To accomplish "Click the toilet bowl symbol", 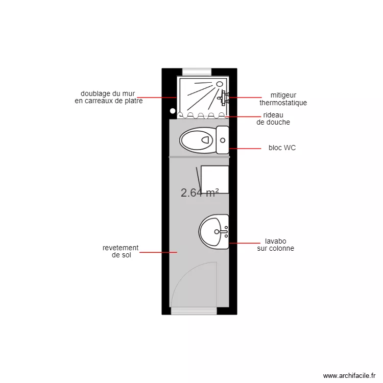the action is click(197, 140).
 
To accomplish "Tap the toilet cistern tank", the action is click(223, 140).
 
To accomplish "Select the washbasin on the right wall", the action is click(214, 231).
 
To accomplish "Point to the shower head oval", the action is click(220, 84).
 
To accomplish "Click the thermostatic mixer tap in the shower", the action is click(224, 98).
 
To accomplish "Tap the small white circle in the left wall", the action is click(173, 111).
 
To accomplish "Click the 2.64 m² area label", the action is click(200, 193).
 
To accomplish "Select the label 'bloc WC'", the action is click(282, 148).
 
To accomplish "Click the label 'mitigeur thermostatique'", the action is click(283, 99).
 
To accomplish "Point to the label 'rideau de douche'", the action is click(273, 118).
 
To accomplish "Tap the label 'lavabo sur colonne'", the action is click(276, 245).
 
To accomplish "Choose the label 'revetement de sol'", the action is click(121, 251).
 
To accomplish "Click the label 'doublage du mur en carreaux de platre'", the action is click(109, 97).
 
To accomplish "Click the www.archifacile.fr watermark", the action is click(349, 375).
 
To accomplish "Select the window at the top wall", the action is click(197, 72).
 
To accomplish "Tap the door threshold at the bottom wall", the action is click(194, 311).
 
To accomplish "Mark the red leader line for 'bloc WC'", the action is click(245, 149).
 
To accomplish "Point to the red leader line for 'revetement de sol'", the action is click(158, 252).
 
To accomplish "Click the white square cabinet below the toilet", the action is click(214, 180).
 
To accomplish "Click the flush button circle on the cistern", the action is click(223, 140).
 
